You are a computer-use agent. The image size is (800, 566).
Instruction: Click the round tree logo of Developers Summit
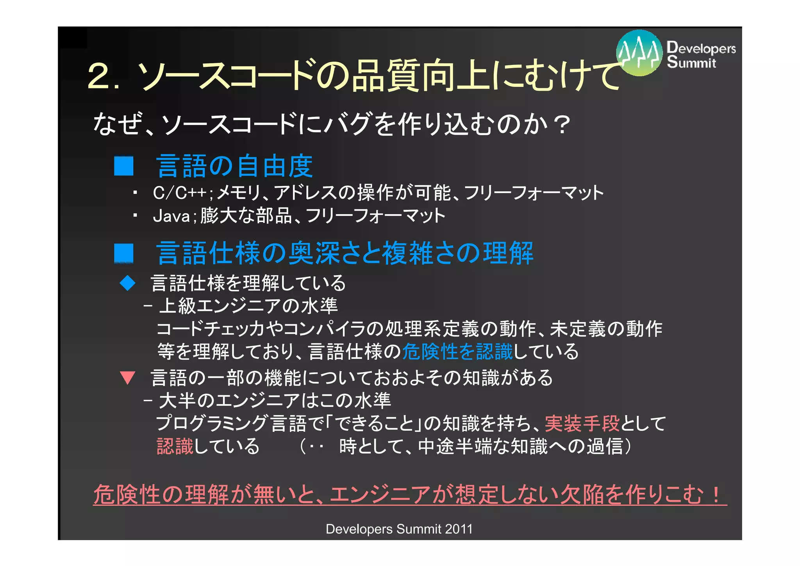click(x=639, y=53)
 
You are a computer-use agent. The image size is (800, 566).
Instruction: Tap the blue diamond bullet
click(x=127, y=283)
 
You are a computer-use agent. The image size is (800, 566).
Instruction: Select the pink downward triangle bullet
click(x=127, y=378)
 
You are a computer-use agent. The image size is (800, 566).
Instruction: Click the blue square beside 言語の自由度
click(x=124, y=166)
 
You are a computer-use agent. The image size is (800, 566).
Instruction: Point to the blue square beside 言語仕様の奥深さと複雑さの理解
click(x=124, y=253)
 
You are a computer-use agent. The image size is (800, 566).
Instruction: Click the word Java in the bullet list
click(x=171, y=216)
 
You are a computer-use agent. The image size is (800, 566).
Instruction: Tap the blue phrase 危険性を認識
click(x=457, y=351)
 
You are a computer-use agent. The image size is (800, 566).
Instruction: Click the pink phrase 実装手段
click(x=582, y=423)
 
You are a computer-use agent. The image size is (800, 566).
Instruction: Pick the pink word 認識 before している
click(x=175, y=446)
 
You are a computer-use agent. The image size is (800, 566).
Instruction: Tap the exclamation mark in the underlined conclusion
click(x=716, y=494)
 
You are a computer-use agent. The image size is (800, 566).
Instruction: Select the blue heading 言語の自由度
click(x=234, y=166)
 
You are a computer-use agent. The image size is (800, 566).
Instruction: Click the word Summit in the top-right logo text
click(x=691, y=63)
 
